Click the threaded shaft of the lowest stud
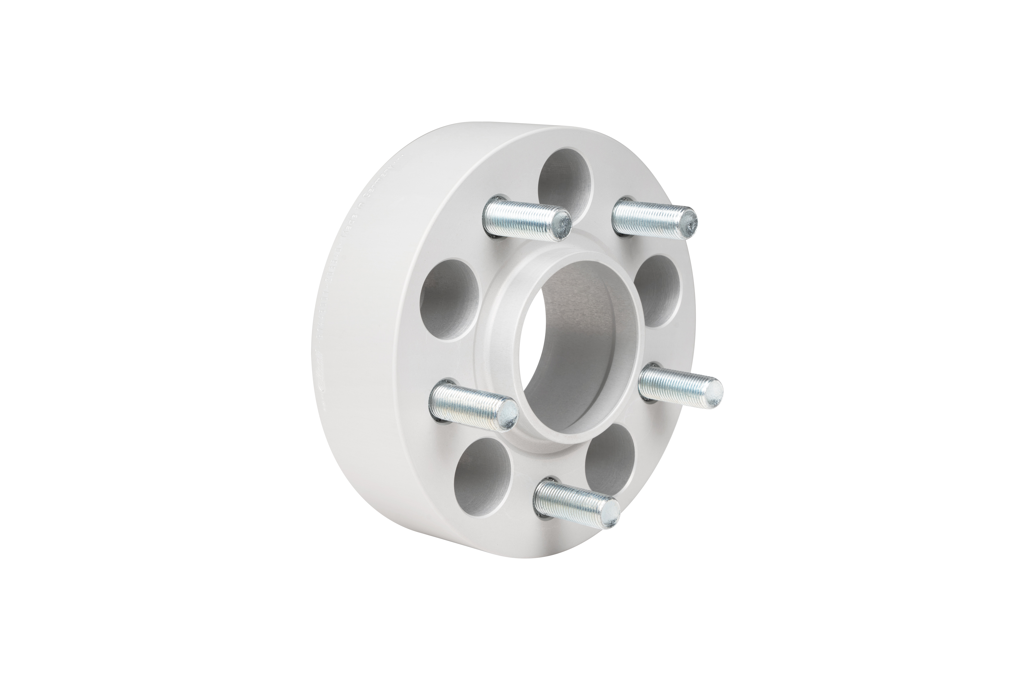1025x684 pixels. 567,500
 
